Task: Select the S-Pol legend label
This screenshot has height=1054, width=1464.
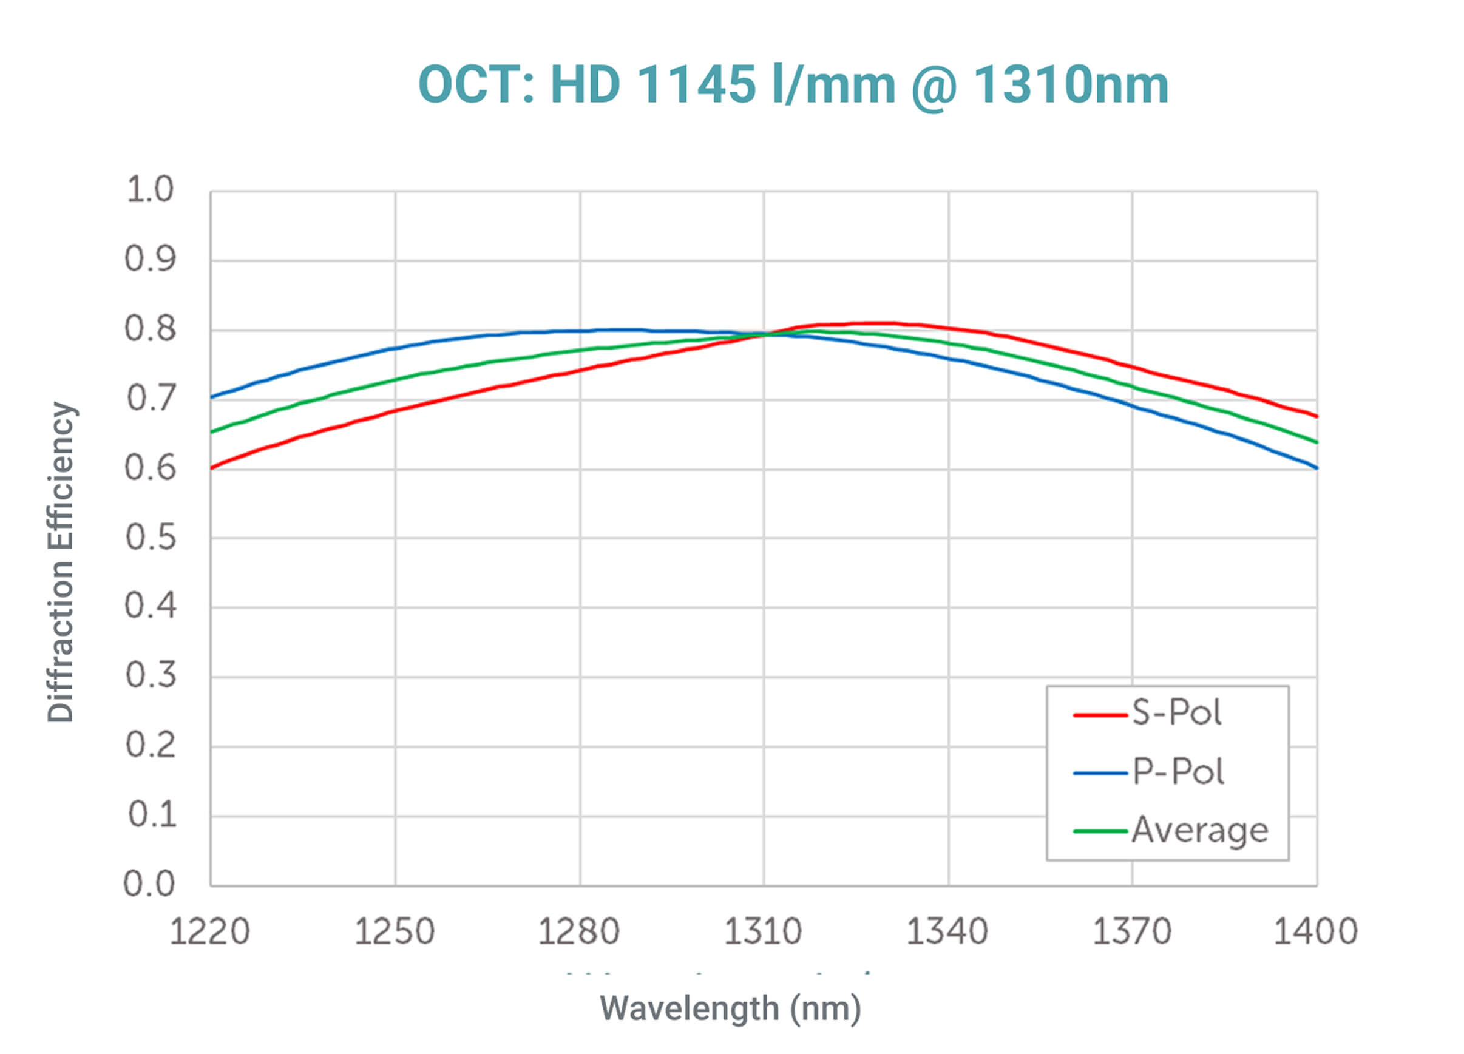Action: [1176, 713]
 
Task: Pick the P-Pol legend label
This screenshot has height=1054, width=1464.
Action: [1178, 771]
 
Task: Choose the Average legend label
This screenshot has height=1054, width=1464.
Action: [1199, 830]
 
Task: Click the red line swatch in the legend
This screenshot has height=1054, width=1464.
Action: [1099, 715]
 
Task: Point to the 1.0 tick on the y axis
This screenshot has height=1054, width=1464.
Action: [150, 190]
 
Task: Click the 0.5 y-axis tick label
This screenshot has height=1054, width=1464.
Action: [150, 537]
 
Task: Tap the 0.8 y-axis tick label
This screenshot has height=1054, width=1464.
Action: [150, 329]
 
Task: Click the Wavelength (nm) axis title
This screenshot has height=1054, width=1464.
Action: [731, 1009]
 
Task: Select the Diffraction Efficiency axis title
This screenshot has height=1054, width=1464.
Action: [62, 561]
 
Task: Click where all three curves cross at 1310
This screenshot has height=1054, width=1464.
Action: [765, 334]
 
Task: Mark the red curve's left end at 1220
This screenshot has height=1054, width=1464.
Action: [212, 468]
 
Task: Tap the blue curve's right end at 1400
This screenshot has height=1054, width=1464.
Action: [1316, 467]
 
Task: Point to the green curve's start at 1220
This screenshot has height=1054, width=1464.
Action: [212, 432]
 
